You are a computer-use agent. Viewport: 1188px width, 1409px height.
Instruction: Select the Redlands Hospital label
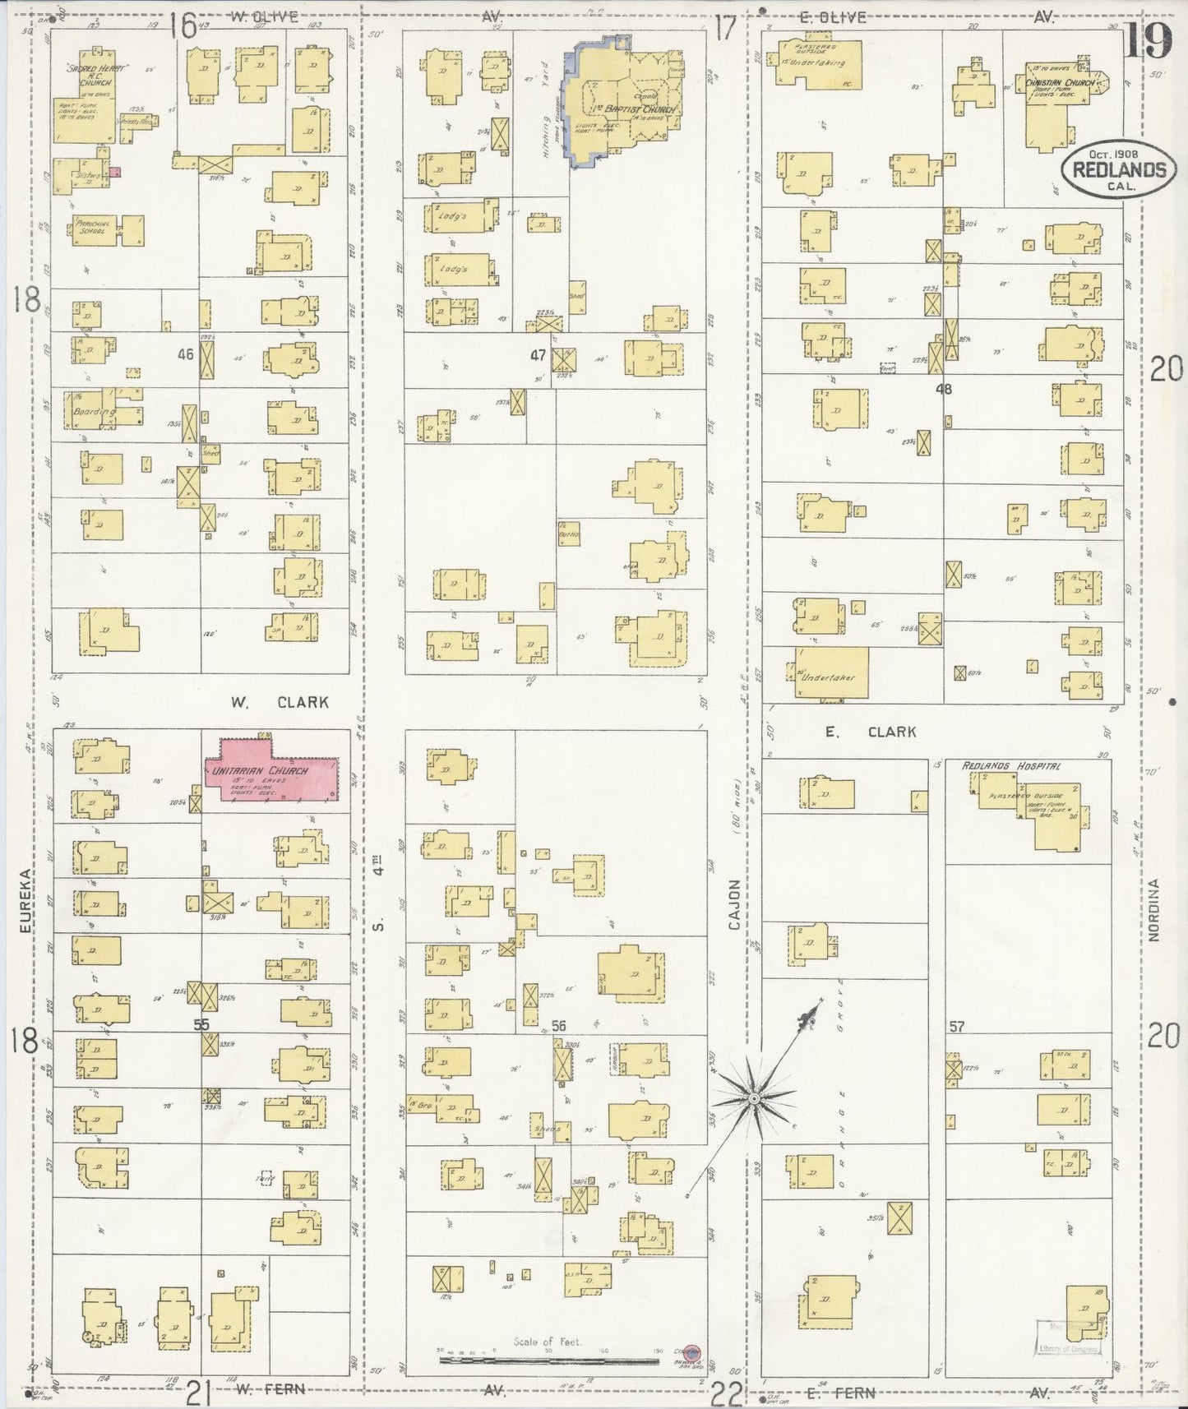1010,765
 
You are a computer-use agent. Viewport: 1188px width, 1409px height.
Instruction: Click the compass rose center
753,1098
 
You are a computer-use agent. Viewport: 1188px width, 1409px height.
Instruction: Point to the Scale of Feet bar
548,1360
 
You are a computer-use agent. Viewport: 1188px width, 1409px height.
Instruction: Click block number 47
538,355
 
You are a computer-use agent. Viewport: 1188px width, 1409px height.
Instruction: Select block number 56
559,1025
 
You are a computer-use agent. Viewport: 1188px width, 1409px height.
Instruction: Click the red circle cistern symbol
692,1351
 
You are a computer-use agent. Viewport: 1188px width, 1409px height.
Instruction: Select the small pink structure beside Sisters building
116,172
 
